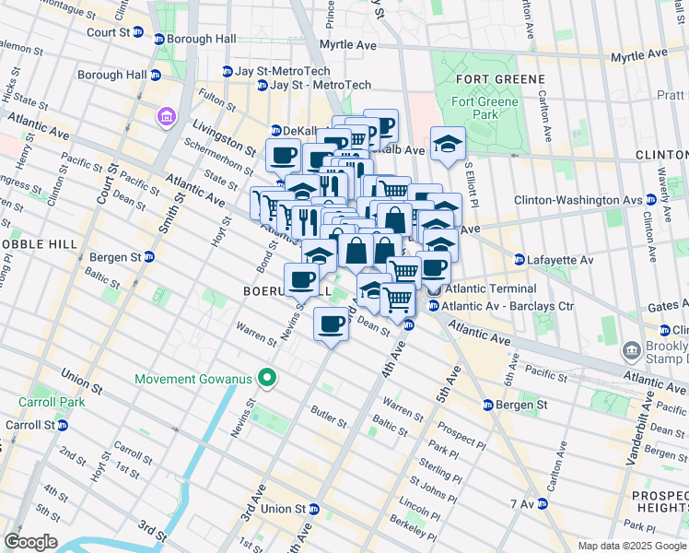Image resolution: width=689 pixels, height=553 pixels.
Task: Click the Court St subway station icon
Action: click(138, 32)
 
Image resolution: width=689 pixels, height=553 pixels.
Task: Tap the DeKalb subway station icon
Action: click(275, 130)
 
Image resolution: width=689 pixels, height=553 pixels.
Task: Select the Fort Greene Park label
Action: click(474, 108)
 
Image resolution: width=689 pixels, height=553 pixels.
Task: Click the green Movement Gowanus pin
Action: click(267, 378)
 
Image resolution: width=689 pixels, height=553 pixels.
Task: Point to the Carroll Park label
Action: click(45, 403)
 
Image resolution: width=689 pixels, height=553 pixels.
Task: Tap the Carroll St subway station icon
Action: click(62, 425)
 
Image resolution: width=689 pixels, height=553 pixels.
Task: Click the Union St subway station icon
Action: click(313, 509)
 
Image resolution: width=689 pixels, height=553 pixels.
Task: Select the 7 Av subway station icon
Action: click(542, 504)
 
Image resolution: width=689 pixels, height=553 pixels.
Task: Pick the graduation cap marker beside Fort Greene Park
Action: click(448, 144)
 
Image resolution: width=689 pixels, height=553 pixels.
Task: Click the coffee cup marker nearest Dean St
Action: click(332, 324)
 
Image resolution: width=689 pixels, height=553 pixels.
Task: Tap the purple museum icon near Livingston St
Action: click(166, 117)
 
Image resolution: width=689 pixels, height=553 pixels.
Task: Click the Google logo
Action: click(30, 542)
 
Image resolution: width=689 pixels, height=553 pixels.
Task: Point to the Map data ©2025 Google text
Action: click(631, 546)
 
